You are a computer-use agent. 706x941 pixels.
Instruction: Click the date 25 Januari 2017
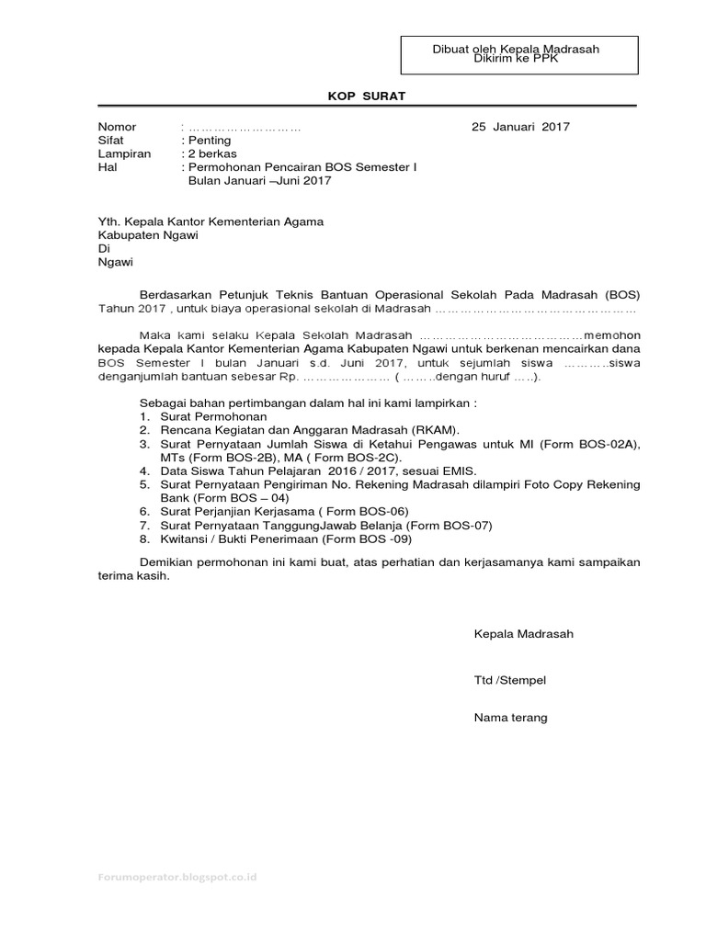520,127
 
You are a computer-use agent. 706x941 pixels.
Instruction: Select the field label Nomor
118,127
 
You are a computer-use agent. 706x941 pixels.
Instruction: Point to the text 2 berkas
212,154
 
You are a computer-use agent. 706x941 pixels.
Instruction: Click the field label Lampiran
124,154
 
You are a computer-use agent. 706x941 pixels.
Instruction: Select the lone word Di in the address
104,248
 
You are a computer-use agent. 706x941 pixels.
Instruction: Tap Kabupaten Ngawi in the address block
149,234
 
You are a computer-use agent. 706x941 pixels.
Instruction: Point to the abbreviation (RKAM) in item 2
435,430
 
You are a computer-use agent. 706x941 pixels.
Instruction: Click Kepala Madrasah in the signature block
523,634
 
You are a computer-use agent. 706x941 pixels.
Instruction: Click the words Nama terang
510,718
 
